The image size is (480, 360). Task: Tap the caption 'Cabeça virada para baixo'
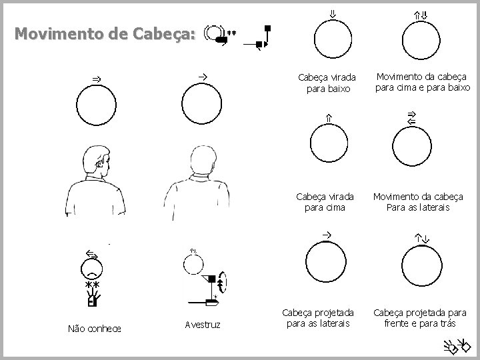pyautogui.click(x=327, y=83)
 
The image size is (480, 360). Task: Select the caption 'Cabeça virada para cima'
pyautogui.click(x=327, y=201)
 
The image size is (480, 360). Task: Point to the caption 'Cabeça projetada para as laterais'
pyautogui.click(x=317, y=319)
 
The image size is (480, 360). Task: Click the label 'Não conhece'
pyautogui.click(x=95, y=327)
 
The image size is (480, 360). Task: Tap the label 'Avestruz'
pyautogui.click(x=203, y=325)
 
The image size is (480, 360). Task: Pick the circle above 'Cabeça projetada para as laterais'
pyautogui.click(x=324, y=261)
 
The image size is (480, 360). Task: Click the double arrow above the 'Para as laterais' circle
pyautogui.click(x=411, y=119)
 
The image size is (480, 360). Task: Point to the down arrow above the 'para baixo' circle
pyautogui.click(x=332, y=13)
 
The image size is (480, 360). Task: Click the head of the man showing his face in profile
pyautogui.click(x=97, y=163)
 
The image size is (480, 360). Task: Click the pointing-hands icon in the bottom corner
pyautogui.click(x=458, y=345)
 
